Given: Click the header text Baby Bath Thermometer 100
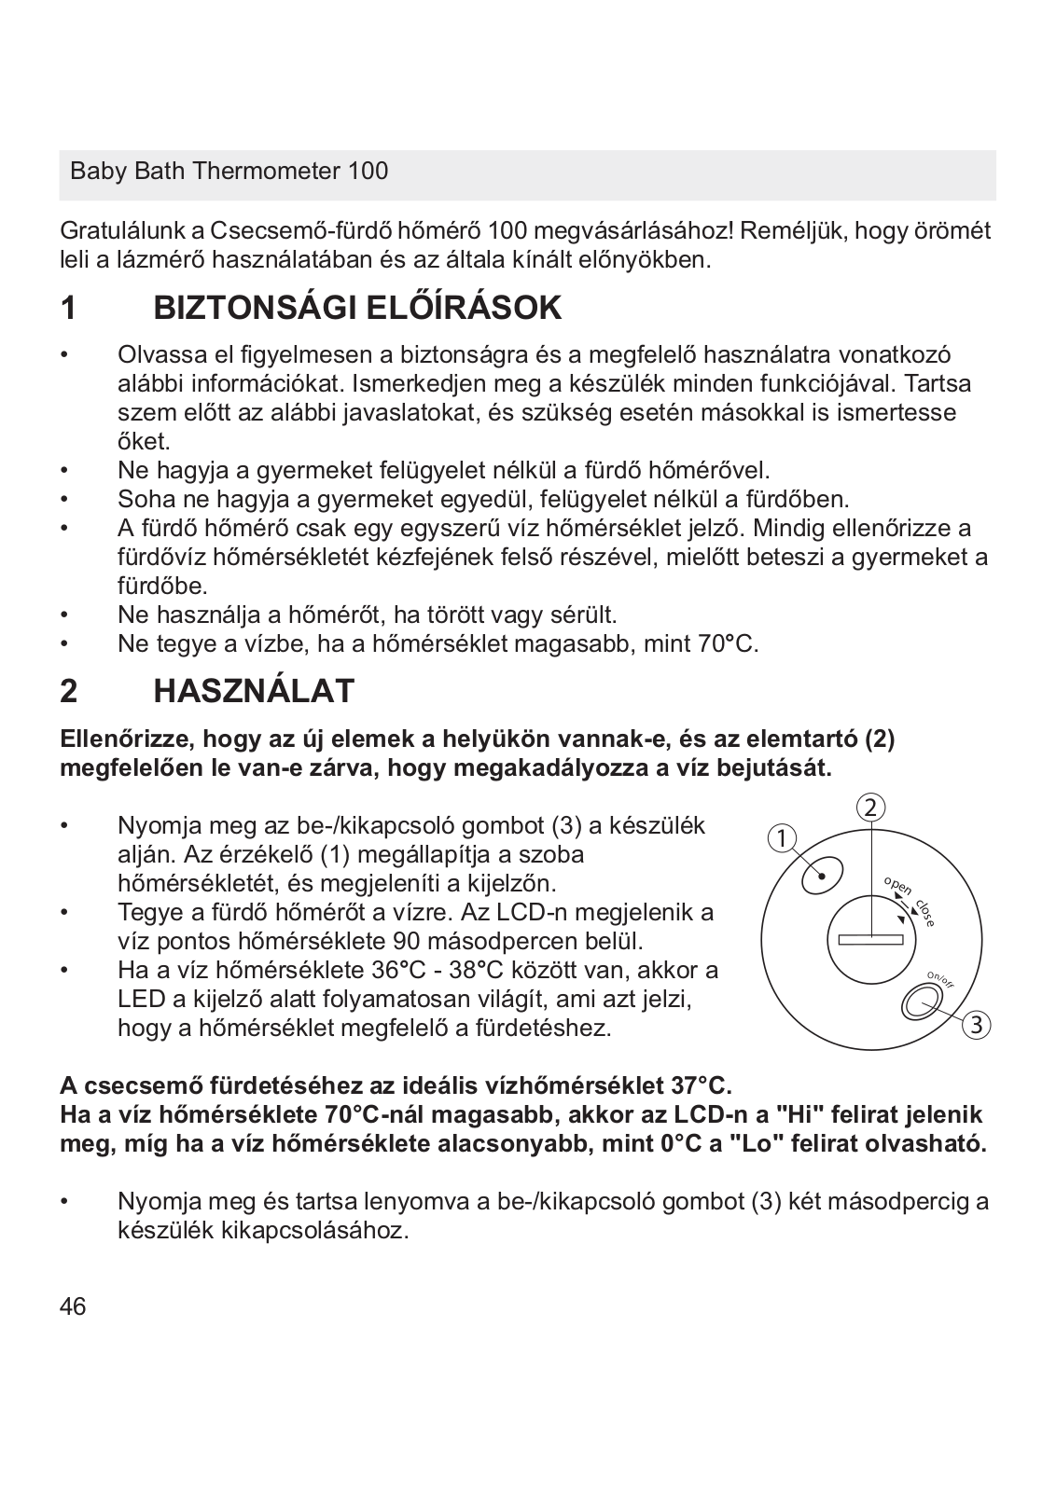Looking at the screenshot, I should tap(229, 172).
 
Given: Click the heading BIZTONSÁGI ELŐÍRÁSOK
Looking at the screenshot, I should tap(357, 308).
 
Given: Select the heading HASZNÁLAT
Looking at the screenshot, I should tap(254, 691).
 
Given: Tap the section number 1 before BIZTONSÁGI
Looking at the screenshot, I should tap(68, 308).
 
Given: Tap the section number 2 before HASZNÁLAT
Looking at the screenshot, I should tap(68, 691).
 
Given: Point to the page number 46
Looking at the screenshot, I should tap(73, 1306).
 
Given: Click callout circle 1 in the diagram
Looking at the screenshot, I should tap(782, 837).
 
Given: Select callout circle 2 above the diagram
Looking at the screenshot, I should tap(869, 808).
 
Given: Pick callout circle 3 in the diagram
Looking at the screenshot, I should tap(976, 1025).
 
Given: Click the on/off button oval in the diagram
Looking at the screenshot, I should tap(923, 1003).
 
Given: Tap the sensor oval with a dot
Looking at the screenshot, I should tap(822, 874).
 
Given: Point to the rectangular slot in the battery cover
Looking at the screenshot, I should tap(870, 939).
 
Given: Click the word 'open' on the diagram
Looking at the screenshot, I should tap(897, 886).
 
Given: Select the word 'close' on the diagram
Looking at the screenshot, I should tap(925, 911).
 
